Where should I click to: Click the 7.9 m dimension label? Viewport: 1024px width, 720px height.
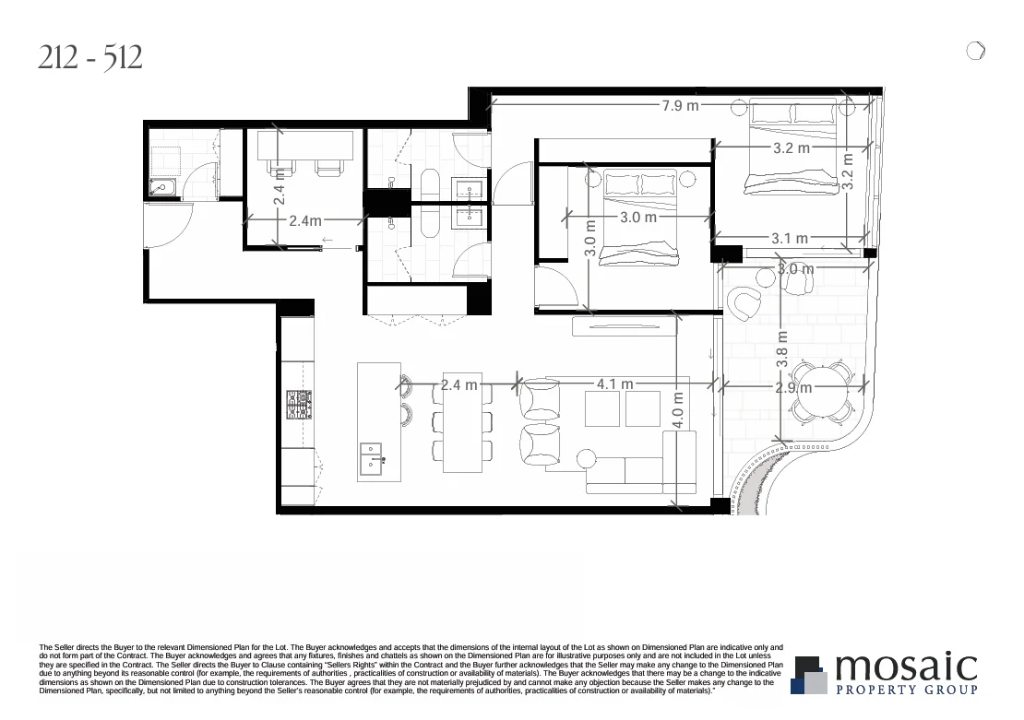pyautogui.click(x=680, y=106)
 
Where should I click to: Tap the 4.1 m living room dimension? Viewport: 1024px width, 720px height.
pyautogui.click(x=614, y=384)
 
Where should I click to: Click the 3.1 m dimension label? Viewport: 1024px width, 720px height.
pyautogui.click(x=790, y=239)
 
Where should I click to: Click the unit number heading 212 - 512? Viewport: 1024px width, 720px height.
pyautogui.click(x=90, y=59)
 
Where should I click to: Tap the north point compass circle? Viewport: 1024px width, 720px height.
pyautogui.click(x=975, y=51)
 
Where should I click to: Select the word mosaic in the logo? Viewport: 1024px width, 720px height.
pyautogui.click(x=905, y=667)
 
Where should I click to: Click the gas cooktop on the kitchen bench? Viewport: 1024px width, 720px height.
pyautogui.click(x=300, y=405)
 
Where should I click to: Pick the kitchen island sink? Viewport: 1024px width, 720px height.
pyautogui.click(x=372, y=456)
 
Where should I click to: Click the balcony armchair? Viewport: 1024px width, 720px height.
pyautogui.click(x=744, y=302)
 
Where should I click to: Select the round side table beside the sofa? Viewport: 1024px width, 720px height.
pyautogui.click(x=585, y=458)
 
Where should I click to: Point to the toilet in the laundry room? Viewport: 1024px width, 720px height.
pyautogui.click(x=163, y=189)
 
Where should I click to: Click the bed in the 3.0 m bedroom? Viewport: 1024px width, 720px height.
pyautogui.click(x=639, y=217)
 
